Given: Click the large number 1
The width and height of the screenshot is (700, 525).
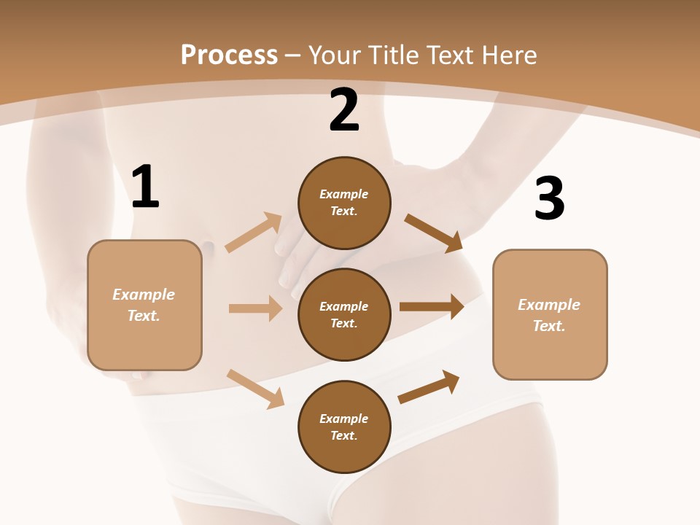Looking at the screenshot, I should click(x=145, y=187).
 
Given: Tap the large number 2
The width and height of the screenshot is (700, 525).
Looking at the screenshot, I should click(x=344, y=111).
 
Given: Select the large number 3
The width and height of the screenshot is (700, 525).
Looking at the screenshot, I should click(x=549, y=199).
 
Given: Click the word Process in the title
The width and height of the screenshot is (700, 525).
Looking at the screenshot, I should click(x=229, y=55).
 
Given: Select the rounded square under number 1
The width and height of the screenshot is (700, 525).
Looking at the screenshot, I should click(x=144, y=305).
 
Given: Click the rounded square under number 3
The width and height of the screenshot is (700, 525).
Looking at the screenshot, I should click(x=550, y=314).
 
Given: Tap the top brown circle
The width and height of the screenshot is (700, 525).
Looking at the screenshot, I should click(x=344, y=203).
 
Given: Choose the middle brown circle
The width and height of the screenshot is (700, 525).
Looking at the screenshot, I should click(x=344, y=314).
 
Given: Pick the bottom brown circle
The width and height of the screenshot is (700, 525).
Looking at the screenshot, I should click(x=344, y=427).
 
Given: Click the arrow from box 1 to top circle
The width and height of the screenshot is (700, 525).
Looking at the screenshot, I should click(x=254, y=232).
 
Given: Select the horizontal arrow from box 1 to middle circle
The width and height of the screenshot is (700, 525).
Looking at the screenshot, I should click(x=255, y=308).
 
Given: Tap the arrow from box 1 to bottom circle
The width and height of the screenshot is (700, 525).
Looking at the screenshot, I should click(x=255, y=388).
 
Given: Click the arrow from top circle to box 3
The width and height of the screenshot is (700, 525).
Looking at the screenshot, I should click(x=434, y=233).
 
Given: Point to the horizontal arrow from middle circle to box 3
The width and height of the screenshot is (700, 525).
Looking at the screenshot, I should click(x=432, y=307).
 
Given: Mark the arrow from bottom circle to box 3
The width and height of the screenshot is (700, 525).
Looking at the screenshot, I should click(x=429, y=387).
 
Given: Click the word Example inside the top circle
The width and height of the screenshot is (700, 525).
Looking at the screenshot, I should click(x=344, y=194).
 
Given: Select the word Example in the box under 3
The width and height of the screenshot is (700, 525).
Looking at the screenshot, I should click(x=549, y=305).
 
